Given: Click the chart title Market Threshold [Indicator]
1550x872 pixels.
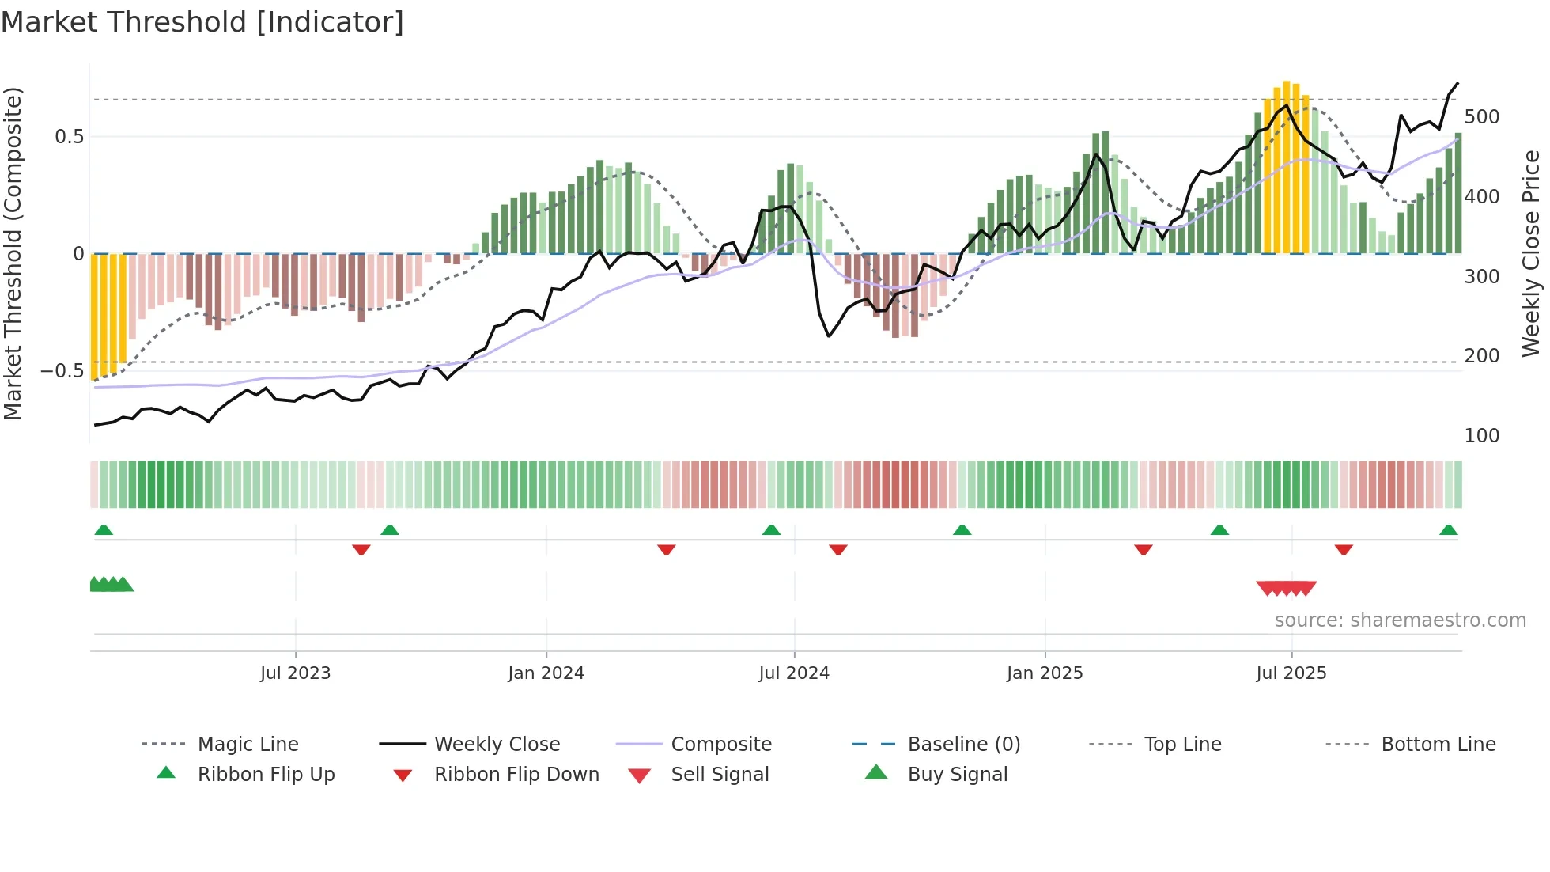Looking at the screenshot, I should (x=202, y=22).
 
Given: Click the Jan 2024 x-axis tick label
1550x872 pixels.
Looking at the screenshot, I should (x=546, y=673).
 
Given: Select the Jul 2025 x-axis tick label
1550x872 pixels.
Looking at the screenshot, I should (x=1291, y=673).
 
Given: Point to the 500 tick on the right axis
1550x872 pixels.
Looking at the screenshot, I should (x=1481, y=117).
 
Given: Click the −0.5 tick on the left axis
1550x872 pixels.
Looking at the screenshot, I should (x=62, y=371).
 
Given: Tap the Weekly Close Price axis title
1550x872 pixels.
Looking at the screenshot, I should (x=1531, y=253).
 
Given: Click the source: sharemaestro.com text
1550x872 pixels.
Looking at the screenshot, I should (x=1400, y=620).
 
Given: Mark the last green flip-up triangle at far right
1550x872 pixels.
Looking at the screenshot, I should (x=1448, y=530).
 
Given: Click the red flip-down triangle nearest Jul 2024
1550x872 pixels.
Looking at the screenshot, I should (x=838, y=549).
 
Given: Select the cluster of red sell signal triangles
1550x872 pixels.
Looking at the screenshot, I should (x=1286, y=588).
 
